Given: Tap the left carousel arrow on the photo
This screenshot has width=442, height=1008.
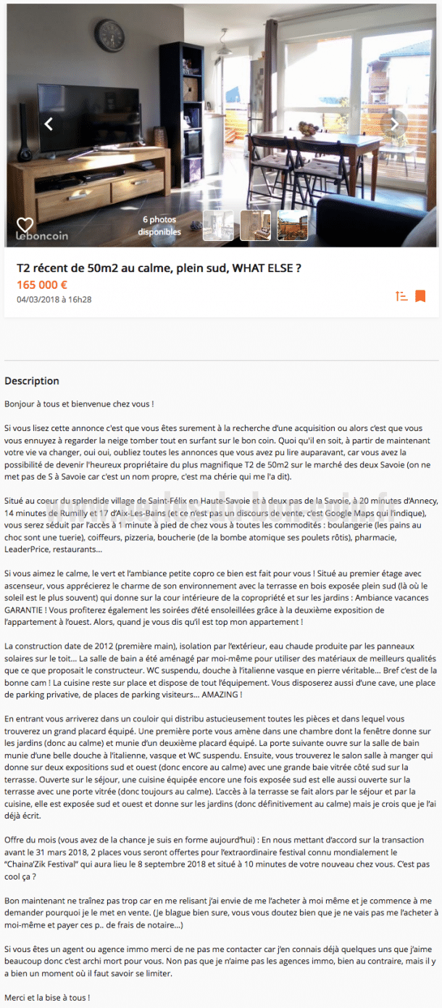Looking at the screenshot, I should tap(49, 124).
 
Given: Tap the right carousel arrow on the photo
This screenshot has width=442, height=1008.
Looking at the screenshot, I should tap(395, 124).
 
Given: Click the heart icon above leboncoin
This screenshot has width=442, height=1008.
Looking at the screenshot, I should tap(25, 225).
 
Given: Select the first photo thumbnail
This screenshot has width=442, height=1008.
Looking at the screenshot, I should tap(218, 226).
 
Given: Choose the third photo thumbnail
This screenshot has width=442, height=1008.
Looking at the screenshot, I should tap(292, 226).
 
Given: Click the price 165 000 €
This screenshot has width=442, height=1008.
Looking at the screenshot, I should tap(42, 284).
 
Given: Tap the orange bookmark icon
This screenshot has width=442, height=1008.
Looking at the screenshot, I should tap(420, 296).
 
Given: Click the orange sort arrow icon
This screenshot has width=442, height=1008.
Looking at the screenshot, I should tap(401, 296).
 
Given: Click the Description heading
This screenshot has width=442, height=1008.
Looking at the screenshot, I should tap(32, 381).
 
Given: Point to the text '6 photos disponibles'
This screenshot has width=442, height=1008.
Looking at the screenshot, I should tap(159, 226).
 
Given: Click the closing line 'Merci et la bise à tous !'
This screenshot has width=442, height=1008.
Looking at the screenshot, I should tap(47, 998).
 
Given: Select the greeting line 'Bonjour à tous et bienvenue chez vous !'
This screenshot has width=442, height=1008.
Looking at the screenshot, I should tap(79, 403).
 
